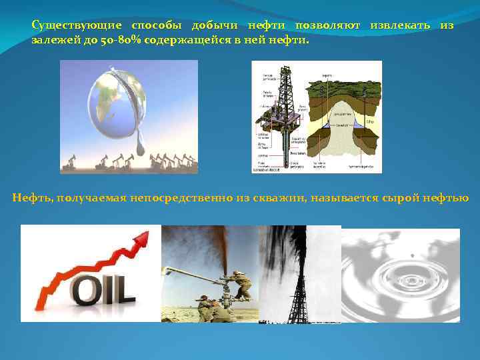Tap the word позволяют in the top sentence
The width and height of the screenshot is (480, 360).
point(330,25)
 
